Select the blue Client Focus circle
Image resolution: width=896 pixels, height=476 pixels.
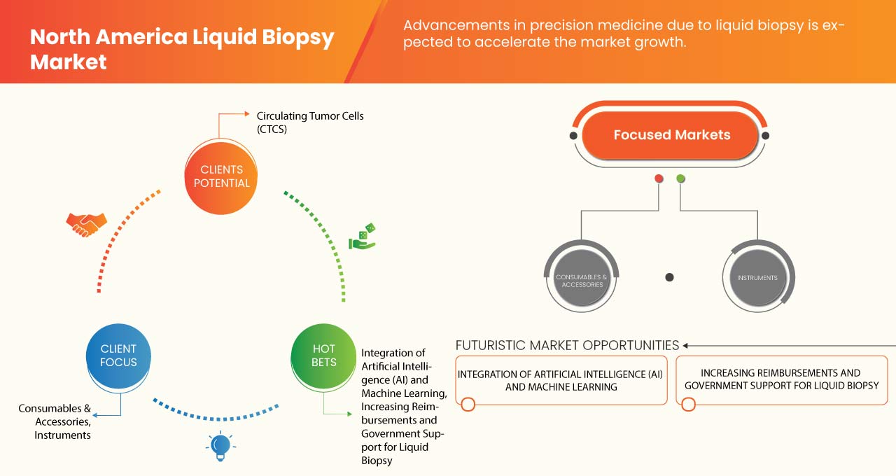click(x=118, y=355)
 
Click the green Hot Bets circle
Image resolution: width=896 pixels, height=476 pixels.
click(x=323, y=355)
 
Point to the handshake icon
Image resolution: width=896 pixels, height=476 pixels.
click(x=86, y=224)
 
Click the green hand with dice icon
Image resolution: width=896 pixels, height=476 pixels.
click(x=363, y=237)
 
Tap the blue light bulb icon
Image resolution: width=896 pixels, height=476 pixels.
click(x=220, y=445)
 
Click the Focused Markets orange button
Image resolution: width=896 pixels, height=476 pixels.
click(x=671, y=135)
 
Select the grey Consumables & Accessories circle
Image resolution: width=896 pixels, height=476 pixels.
click(x=581, y=277)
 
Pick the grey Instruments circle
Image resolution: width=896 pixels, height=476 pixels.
click(x=757, y=277)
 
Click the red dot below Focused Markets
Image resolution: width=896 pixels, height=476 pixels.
click(x=659, y=178)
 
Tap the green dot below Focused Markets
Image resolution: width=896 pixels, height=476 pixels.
click(x=680, y=178)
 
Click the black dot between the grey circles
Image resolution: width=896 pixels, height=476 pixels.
click(x=669, y=277)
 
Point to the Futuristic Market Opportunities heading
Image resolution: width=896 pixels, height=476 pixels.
click(x=567, y=345)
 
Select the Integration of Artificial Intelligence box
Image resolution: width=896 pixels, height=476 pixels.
click(x=560, y=380)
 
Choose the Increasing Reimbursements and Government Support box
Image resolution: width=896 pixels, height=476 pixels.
click(x=781, y=380)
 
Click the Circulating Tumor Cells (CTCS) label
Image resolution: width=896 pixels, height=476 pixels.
click(x=310, y=122)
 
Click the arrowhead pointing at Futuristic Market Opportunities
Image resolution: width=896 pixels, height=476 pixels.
click(x=686, y=345)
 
